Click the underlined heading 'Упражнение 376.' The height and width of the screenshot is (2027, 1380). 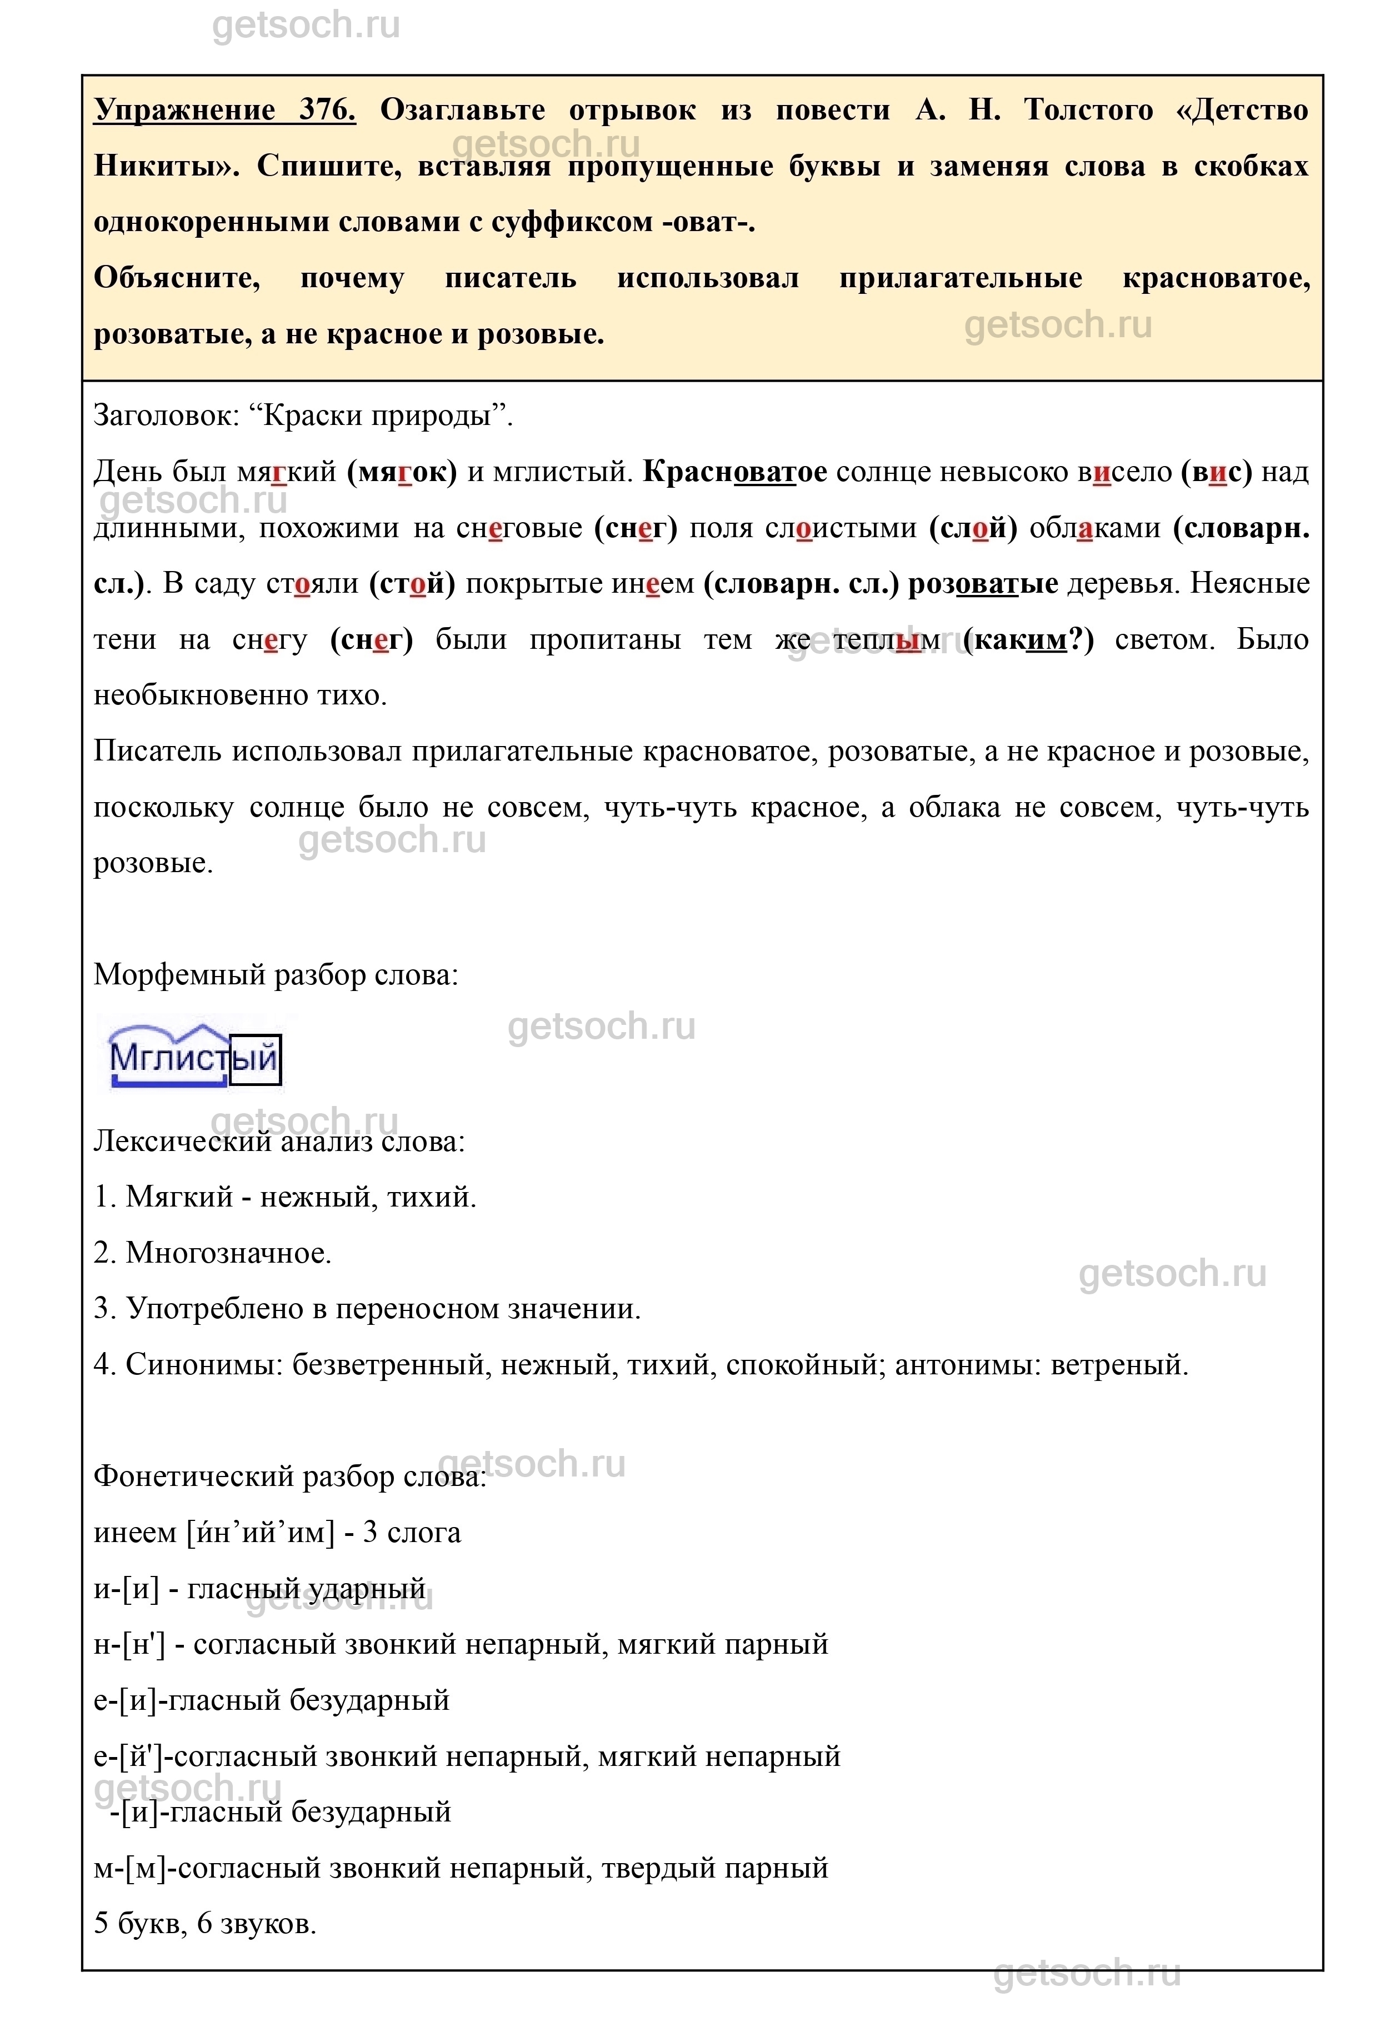(224, 111)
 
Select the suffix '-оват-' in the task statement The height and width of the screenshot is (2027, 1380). (708, 222)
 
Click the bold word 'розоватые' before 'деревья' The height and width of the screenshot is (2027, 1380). (983, 583)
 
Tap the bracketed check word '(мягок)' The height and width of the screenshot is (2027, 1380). (401, 472)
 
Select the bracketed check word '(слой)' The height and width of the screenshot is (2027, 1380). (973, 528)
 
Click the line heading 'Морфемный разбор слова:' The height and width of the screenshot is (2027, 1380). (276, 974)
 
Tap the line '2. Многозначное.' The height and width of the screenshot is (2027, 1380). (213, 1253)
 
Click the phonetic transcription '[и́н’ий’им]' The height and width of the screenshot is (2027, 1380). (261, 1533)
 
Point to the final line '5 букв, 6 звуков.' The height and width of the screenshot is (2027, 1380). (205, 1923)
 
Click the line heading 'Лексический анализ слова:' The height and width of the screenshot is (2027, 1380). (279, 1142)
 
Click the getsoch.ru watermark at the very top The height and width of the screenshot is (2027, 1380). (306, 26)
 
